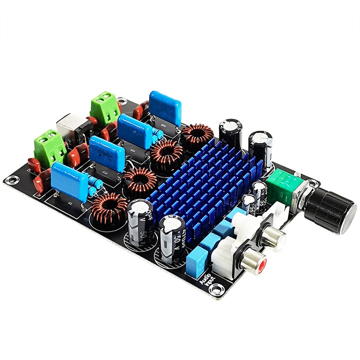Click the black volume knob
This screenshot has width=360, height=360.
(330, 210)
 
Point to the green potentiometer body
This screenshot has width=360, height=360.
(282, 182)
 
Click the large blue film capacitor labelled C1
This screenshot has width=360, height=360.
(70, 179)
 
